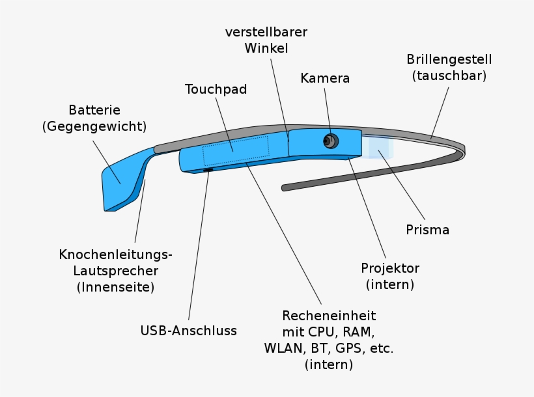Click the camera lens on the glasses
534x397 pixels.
coord(331,141)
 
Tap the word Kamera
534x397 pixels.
coord(325,78)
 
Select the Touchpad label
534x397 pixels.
coord(216,89)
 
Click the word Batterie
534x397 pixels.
coord(94,110)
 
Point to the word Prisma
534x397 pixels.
coord(427,230)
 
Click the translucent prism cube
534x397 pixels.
coord(378,148)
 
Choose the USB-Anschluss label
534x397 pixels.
coord(188,331)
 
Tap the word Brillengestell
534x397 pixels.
coord(449,59)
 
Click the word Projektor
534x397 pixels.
coord(390,268)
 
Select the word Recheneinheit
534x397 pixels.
coord(328,316)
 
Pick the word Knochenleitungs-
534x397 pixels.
coord(116,254)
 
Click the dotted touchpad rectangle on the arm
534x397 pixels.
coord(235,152)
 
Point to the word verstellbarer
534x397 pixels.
coord(266,32)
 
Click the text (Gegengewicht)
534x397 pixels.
coord(94,126)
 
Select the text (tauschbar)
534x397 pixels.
coord(449,75)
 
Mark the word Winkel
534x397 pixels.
coord(266,48)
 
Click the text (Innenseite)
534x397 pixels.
coord(115,286)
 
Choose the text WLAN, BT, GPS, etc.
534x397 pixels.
coord(328,348)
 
